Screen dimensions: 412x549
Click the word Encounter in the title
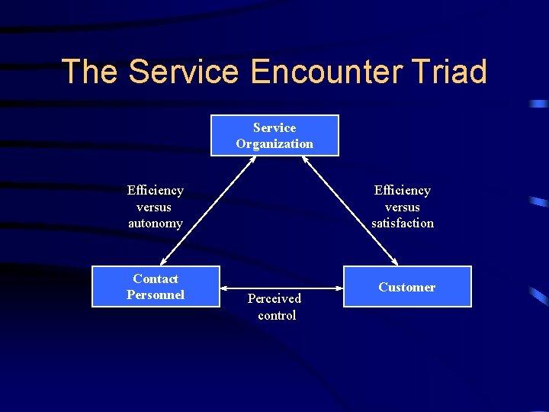[x=326, y=72]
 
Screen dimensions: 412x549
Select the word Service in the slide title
[x=184, y=72]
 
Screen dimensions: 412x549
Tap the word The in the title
[x=89, y=72]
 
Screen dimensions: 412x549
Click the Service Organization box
[x=274, y=135]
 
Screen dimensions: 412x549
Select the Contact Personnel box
[x=156, y=286]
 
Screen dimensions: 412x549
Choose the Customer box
[x=407, y=286]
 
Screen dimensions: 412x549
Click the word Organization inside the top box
[x=274, y=143]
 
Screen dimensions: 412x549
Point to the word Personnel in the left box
[x=156, y=295]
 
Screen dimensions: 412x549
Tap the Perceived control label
[x=275, y=307]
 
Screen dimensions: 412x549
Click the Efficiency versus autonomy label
[x=156, y=207]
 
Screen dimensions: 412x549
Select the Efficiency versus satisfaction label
[x=403, y=207]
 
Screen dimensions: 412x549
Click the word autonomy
[x=156, y=223]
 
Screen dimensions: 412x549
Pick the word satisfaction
[x=403, y=223]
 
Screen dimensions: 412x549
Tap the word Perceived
[x=274, y=298]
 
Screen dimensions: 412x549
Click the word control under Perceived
[x=277, y=315]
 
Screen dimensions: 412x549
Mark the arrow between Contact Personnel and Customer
[x=282, y=288]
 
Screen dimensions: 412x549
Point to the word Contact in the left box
[x=156, y=278]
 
